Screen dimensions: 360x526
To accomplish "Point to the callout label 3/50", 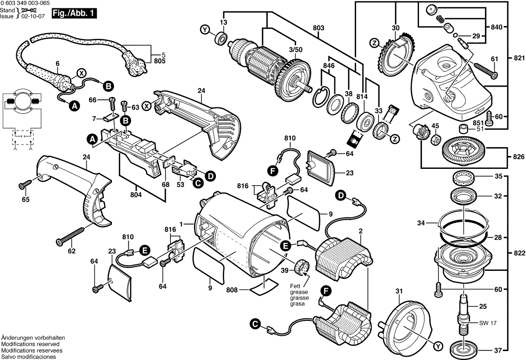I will pos(295,50).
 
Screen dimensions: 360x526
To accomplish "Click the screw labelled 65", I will pos(25,185).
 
